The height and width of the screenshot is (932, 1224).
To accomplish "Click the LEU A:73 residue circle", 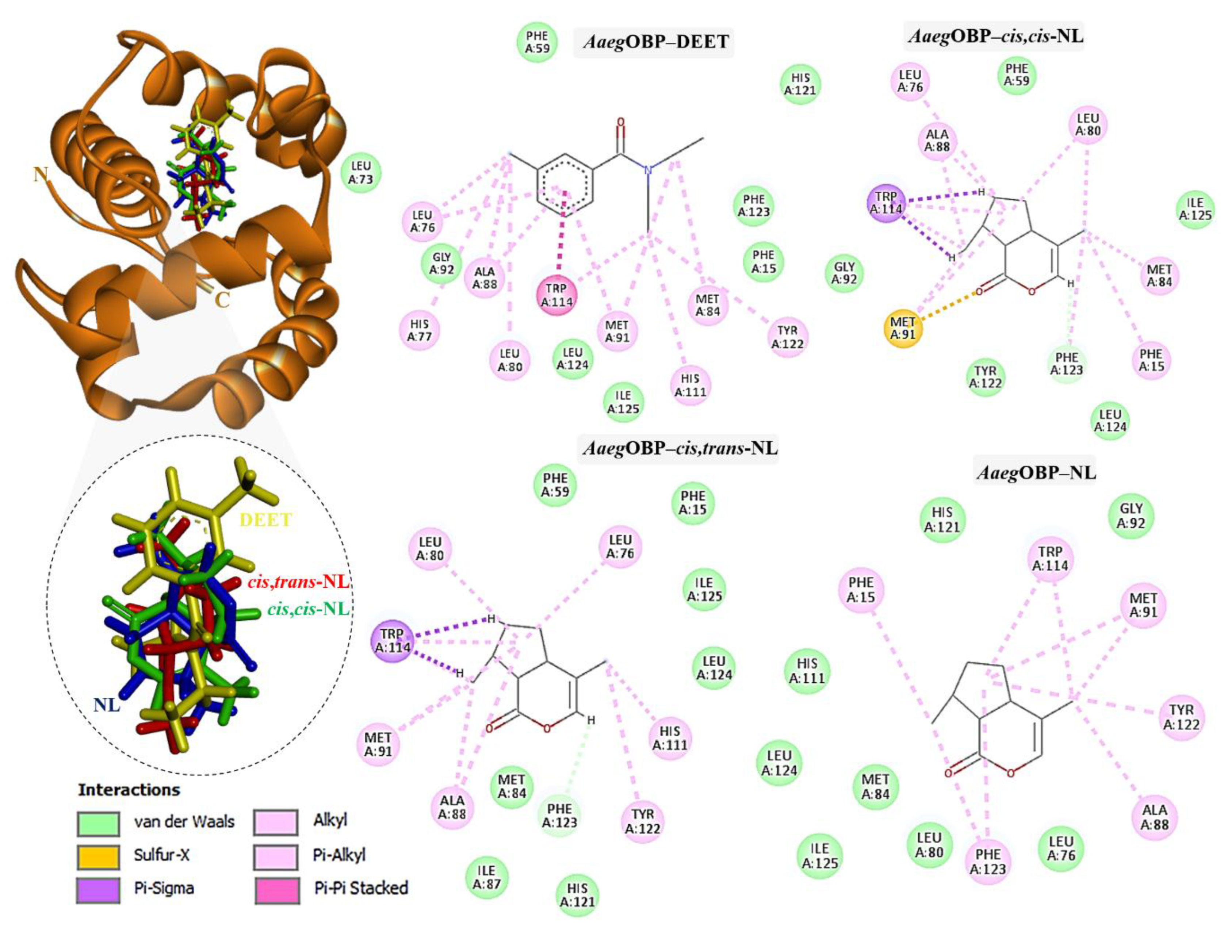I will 361,173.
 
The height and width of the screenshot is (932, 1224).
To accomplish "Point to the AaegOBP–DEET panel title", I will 655,42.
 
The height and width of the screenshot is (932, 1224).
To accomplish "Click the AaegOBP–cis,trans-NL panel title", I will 680,447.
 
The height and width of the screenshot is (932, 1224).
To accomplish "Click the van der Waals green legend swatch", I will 98,823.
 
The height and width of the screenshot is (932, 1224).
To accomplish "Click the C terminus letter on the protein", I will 222,300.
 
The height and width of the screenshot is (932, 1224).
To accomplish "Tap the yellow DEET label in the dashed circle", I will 265,520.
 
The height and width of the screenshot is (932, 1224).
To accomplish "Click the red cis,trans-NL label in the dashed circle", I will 298,582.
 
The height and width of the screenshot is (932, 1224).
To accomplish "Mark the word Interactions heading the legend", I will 129,789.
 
